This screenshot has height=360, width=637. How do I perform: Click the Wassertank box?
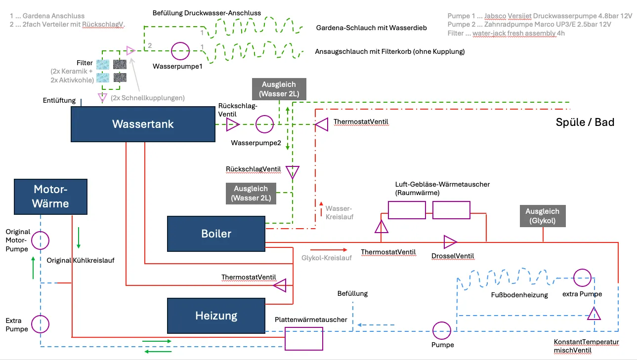pos(143,124)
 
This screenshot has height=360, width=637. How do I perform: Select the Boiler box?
pos(216,234)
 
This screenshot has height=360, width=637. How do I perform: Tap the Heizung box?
pos(216,316)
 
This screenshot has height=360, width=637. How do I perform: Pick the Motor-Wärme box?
pos(51,197)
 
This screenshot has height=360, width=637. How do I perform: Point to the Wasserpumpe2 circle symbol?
pos(264,124)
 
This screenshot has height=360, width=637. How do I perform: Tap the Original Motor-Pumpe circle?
pos(40,240)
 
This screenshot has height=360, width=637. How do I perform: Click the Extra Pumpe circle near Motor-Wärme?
pos(40,324)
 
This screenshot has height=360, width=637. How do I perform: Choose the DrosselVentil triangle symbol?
pos(450,242)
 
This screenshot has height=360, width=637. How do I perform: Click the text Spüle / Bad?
pos(585,122)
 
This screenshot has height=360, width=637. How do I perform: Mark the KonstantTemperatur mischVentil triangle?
pos(594,313)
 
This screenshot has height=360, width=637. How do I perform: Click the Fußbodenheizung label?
pos(519,295)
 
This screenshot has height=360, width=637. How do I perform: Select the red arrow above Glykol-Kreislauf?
pos(329,250)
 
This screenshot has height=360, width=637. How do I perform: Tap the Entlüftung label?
pos(59,101)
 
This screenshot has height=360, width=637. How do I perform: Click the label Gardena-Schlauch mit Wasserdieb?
pos(371,28)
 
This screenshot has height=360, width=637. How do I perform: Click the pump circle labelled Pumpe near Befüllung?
pos(441,330)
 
